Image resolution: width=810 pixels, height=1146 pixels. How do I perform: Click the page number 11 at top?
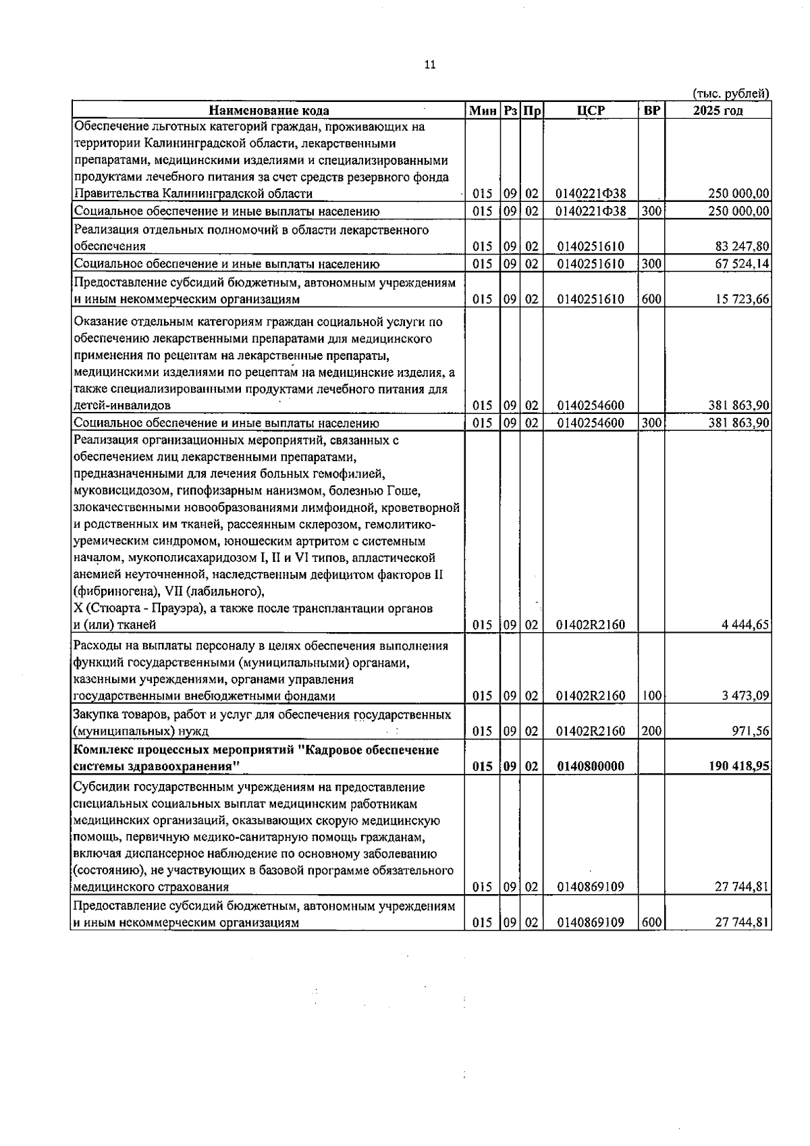pos(430,65)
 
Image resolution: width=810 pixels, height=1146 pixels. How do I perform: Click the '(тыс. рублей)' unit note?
pos(732,94)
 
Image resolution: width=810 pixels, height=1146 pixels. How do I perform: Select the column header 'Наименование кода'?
pos(269,111)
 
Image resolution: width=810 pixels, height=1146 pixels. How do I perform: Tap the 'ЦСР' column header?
pos(591,111)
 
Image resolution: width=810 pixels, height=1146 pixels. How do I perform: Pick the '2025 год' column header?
pos(718,111)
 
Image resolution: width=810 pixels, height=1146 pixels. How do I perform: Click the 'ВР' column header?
pos(652,111)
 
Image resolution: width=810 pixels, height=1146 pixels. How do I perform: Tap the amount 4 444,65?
pos(745,625)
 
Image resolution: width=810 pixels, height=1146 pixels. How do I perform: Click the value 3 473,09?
pos(745,696)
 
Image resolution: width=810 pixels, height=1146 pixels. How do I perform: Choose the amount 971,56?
pos(751,731)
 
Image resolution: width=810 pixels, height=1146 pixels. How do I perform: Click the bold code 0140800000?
pos(591,766)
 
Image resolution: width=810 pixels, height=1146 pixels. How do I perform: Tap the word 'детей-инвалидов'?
pos(122,406)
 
